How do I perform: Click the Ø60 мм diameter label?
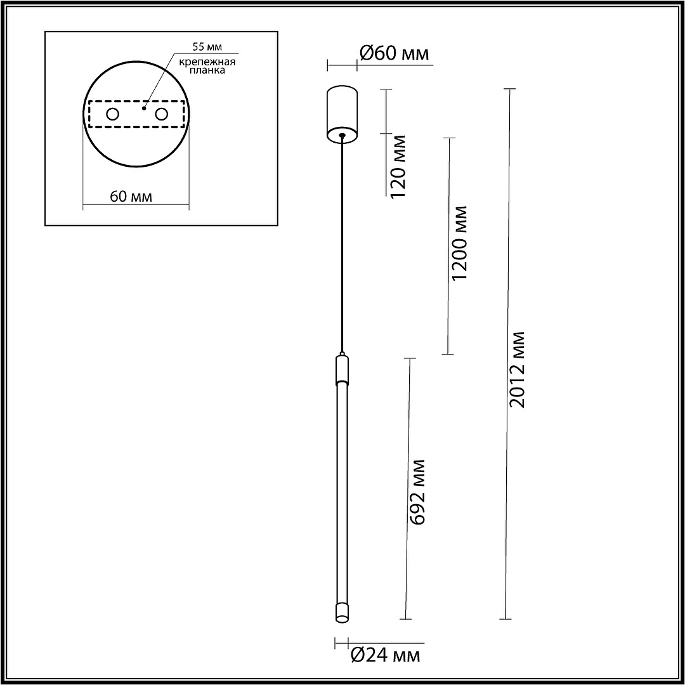click(x=394, y=53)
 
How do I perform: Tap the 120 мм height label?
click(x=398, y=166)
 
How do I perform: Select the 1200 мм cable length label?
click(x=460, y=243)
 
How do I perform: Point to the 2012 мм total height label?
click(x=518, y=370)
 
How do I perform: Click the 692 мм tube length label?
click(x=417, y=492)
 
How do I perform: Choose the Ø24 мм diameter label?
click(x=386, y=655)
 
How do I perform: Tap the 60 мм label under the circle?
click(x=131, y=197)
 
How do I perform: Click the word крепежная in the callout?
click(x=207, y=62)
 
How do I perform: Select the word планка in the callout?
click(x=207, y=70)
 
